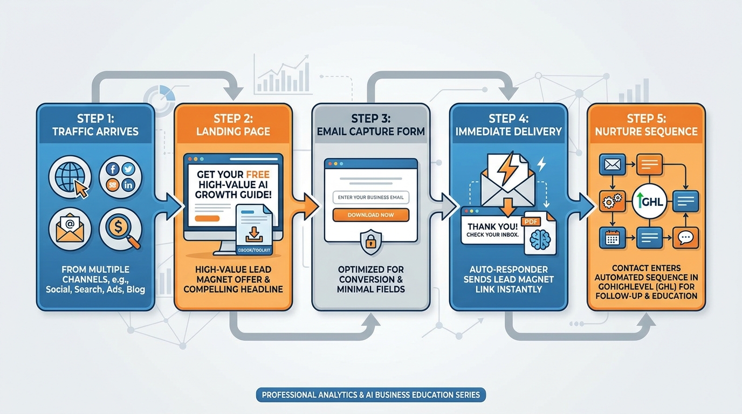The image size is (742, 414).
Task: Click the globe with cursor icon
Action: click(70, 177)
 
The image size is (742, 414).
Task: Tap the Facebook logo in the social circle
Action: click(113, 169)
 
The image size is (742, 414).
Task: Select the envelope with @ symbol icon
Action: click(70, 229)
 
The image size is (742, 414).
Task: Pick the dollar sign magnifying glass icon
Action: click(120, 229)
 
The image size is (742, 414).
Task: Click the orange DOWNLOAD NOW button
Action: click(370, 215)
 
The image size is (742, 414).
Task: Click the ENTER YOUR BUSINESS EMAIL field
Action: click(370, 197)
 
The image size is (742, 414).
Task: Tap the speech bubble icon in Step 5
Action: click(685, 237)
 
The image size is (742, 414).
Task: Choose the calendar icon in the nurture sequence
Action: click(613, 237)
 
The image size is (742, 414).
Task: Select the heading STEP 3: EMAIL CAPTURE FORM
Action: click(370, 125)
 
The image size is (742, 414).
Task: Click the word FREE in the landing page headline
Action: click(258, 175)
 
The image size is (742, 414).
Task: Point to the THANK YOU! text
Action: click(492, 226)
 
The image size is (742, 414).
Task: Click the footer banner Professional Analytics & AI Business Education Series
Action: click(370, 395)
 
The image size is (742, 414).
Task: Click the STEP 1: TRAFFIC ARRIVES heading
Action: click(95, 125)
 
